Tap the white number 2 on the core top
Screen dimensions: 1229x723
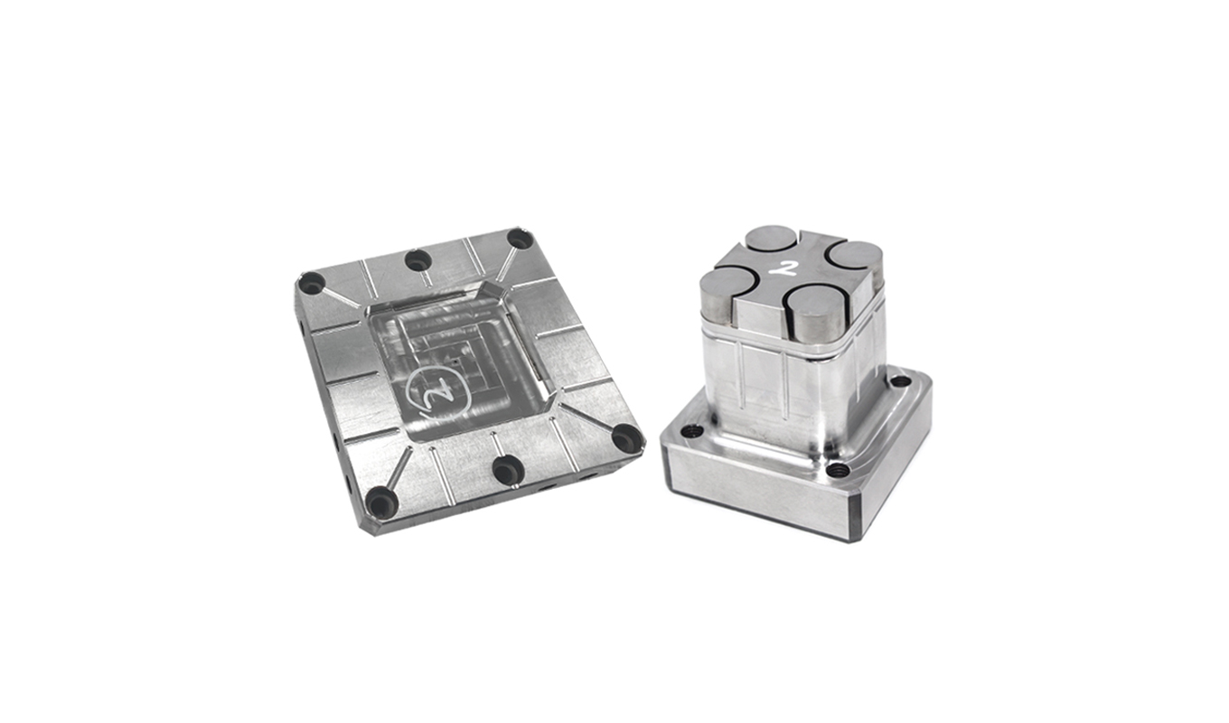[x=790, y=268]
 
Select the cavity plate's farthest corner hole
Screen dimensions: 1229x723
[x=519, y=239]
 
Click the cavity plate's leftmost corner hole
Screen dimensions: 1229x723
[x=312, y=283]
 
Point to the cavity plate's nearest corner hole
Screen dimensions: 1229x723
[x=380, y=502]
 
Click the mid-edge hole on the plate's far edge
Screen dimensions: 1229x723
[x=417, y=259]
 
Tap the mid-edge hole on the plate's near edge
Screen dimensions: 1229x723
[x=508, y=470]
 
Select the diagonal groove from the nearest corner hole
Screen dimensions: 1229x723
[x=399, y=467]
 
